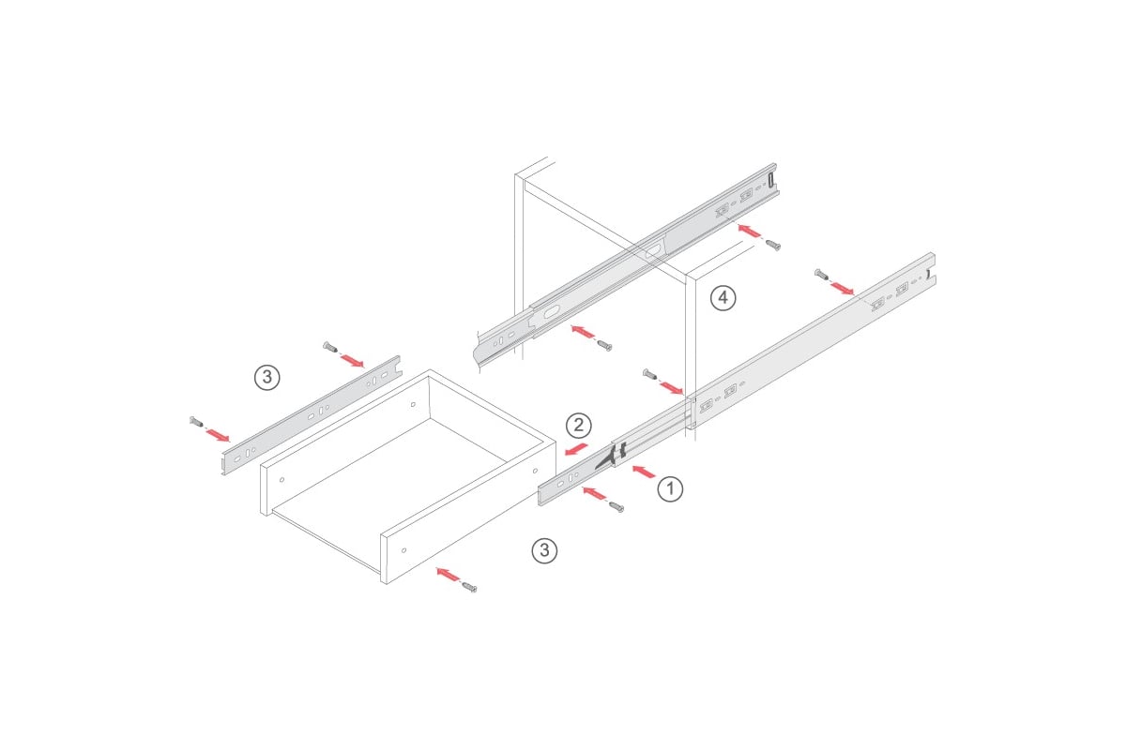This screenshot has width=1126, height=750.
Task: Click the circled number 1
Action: pos(670,488)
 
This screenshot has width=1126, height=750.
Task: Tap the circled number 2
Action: pos(579,426)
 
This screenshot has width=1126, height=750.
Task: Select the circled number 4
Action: pos(723,298)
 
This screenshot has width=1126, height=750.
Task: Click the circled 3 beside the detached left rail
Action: pos(266,377)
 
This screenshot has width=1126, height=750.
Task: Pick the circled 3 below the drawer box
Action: pos(544,550)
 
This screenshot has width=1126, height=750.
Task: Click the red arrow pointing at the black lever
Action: pos(644,472)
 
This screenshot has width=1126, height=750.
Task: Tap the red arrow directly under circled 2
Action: pos(576,449)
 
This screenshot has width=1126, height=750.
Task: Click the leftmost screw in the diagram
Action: pos(196,422)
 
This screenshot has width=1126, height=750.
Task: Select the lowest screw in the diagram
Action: pos(469,587)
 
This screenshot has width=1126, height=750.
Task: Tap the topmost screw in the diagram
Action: pos(773,245)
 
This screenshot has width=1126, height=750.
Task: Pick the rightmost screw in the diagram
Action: pos(821,275)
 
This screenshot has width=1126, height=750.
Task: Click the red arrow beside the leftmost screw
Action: pos(218,435)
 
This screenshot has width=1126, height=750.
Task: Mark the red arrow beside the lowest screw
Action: pos(448,574)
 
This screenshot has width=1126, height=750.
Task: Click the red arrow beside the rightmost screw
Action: pos(842,289)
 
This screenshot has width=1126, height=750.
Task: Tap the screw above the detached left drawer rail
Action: pos(329,346)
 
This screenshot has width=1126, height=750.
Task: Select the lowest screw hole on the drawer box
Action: pos(404,550)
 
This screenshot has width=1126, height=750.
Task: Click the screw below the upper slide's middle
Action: pos(604,345)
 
